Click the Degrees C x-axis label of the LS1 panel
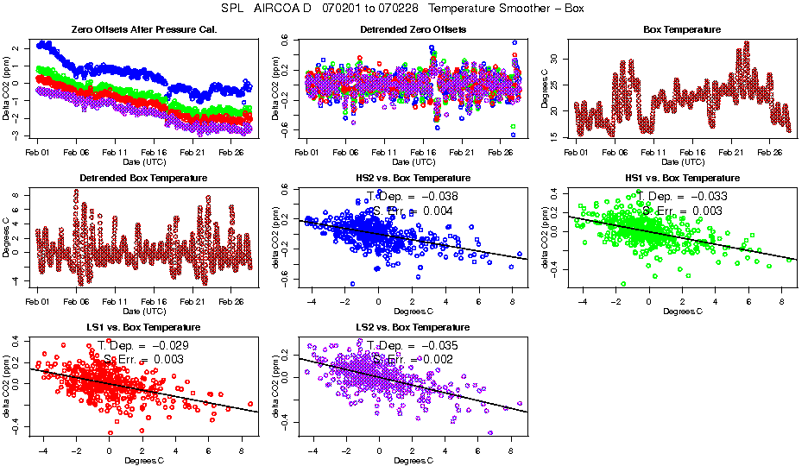pos(143,460)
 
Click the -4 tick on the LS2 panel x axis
pos(311,450)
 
